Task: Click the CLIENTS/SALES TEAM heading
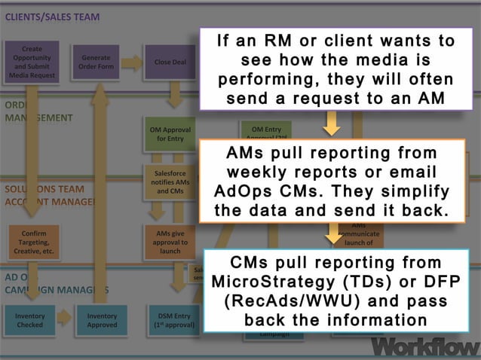point(52,17)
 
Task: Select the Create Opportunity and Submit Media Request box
point(32,62)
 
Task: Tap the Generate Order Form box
point(96,62)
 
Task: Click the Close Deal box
point(170,62)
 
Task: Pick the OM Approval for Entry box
point(170,134)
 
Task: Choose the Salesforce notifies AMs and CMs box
point(170,182)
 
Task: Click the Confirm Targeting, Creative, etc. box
point(35,243)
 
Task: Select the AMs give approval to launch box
point(170,243)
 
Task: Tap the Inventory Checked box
point(30,321)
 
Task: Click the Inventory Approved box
point(102,321)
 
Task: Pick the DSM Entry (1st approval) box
point(173,321)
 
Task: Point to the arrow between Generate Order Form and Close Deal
point(132,63)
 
